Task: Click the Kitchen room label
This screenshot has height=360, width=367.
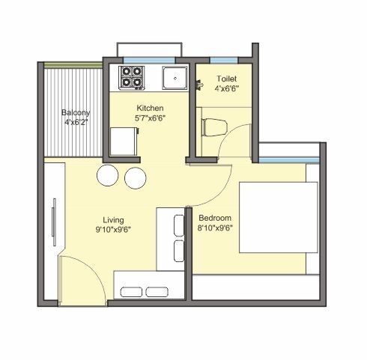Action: pyautogui.click(x=150, y=109)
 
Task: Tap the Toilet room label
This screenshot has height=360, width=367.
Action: pyautogui.click(x=227, y=79)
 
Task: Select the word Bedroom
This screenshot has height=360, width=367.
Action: pyautogui.click(x=215, y=218)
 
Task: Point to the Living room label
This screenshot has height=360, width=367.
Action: pyautogui.click(x=113, y=220)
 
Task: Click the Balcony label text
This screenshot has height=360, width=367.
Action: pyautogui.click(x=76, y=112)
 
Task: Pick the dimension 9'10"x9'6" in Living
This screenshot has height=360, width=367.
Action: pyautogui.click(x=113, y=230)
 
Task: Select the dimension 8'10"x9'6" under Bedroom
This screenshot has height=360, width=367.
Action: pyautogui.click(x=215, y=228)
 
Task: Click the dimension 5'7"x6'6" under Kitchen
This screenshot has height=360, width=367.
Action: pyautogui.click(x=150, y=118)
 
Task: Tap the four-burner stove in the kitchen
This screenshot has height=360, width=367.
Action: pyautogui.click(x=132, y=78)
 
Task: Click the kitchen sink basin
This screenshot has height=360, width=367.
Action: pyautogui.click(x=175, y=78)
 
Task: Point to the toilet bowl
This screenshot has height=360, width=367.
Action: pyautogui.click(x=215, y=127)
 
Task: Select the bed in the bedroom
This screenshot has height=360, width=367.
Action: pyautogui.click(x=279, y=217)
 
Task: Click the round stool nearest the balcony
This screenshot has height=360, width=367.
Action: pyautogui.click(x=107, y=175)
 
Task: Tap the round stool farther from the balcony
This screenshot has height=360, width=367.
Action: pyautogui.click(x=136, y=177)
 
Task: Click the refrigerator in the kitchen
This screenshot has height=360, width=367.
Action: pyautogui.click(x=124, y=141)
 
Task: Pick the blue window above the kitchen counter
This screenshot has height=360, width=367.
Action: pyautogui.click(x=149, y=60)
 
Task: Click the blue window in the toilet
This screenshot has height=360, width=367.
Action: pyautogui.click(x=224, y=60)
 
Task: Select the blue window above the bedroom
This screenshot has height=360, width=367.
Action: pyautogui.click(x=289, y=160)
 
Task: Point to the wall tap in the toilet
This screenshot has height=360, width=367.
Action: pyautogui.click(x=200, y=85)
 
